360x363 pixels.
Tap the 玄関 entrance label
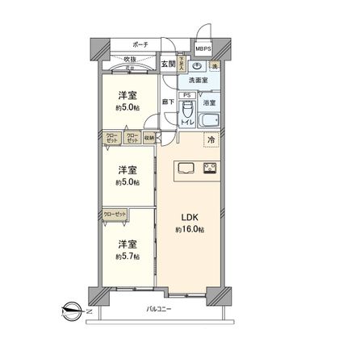tap(167, 64)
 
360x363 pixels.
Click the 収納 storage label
tap(150, 137)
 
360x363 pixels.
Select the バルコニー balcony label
tap(158, 309)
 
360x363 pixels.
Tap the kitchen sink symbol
tap(185, 169)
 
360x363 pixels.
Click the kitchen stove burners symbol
tap(211, 169)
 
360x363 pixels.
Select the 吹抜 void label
tap(129, 60)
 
